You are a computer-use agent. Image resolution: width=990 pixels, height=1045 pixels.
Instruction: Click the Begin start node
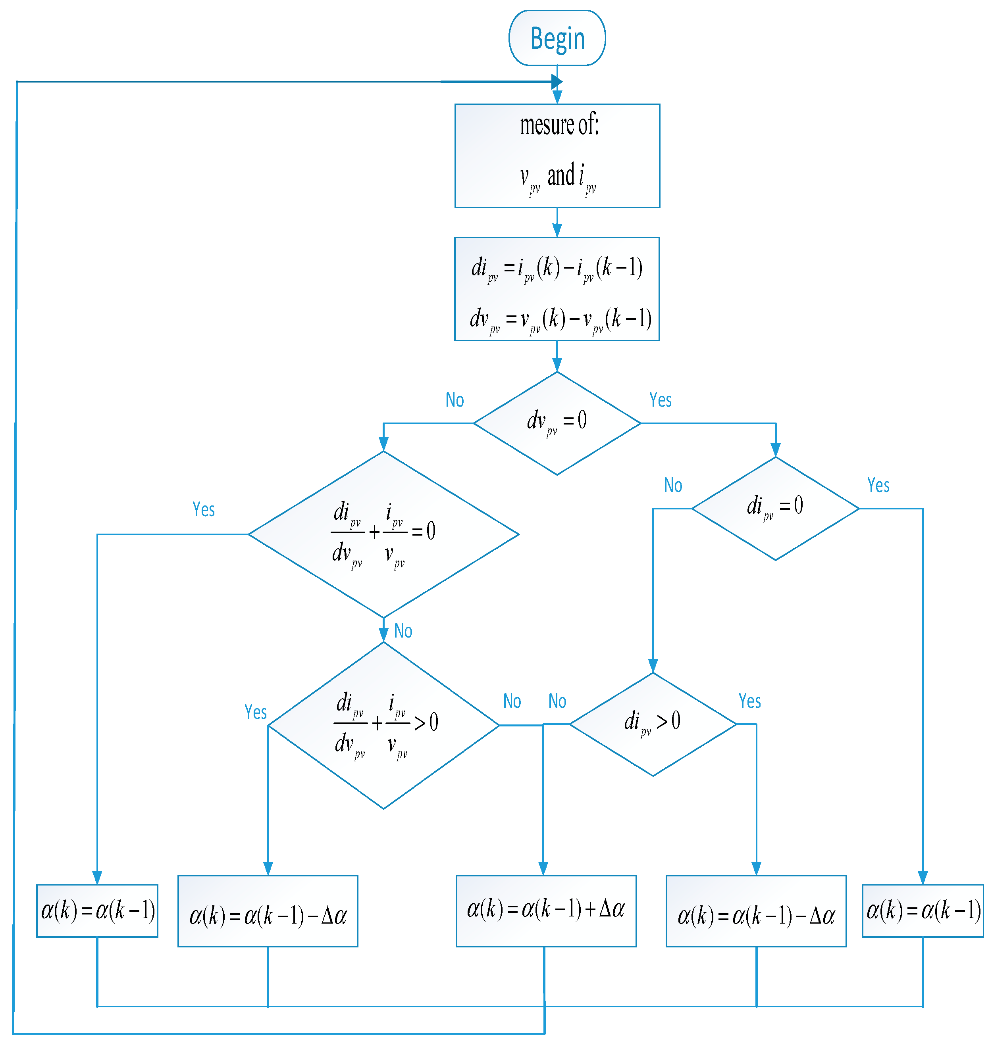(557, 38)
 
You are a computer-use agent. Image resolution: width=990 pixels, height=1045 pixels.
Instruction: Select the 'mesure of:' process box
(557, 156)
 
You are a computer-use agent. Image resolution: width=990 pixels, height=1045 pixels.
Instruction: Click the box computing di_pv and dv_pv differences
(557, 289)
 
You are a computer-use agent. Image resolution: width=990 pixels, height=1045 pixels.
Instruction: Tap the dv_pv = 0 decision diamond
(557, 423)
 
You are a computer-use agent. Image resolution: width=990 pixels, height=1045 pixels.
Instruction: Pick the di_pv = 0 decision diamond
(775, 508)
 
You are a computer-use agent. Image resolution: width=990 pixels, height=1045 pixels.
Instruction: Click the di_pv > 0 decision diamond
(653, 724)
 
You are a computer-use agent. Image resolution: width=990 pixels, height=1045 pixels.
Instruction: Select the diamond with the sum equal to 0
(383, 534)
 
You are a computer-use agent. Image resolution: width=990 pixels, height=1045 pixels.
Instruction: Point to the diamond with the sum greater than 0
(383, 725)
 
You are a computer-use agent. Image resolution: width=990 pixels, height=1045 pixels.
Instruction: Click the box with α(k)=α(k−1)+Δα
(546, 911)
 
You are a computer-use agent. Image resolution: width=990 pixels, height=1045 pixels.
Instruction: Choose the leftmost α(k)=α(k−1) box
(97, 911)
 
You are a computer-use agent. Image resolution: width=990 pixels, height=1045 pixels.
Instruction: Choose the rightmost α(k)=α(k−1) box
(923, 911)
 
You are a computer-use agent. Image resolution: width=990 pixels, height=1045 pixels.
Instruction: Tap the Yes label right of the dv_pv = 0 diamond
(660, 400)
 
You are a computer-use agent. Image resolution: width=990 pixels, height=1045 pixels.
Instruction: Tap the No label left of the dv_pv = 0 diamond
(455, 400)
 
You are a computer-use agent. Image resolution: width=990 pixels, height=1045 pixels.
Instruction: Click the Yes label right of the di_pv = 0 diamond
(878, 485)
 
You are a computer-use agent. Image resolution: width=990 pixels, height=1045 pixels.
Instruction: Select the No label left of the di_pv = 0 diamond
(673, 485)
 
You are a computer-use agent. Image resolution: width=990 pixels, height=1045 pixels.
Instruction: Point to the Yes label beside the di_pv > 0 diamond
(749, 701)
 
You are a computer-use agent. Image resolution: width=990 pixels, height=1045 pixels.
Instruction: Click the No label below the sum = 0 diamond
(403, 631)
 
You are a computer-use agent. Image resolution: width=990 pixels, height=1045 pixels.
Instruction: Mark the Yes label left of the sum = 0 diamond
(203, 509)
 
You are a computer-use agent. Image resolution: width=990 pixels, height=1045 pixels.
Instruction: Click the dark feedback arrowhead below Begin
(557, 82)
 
